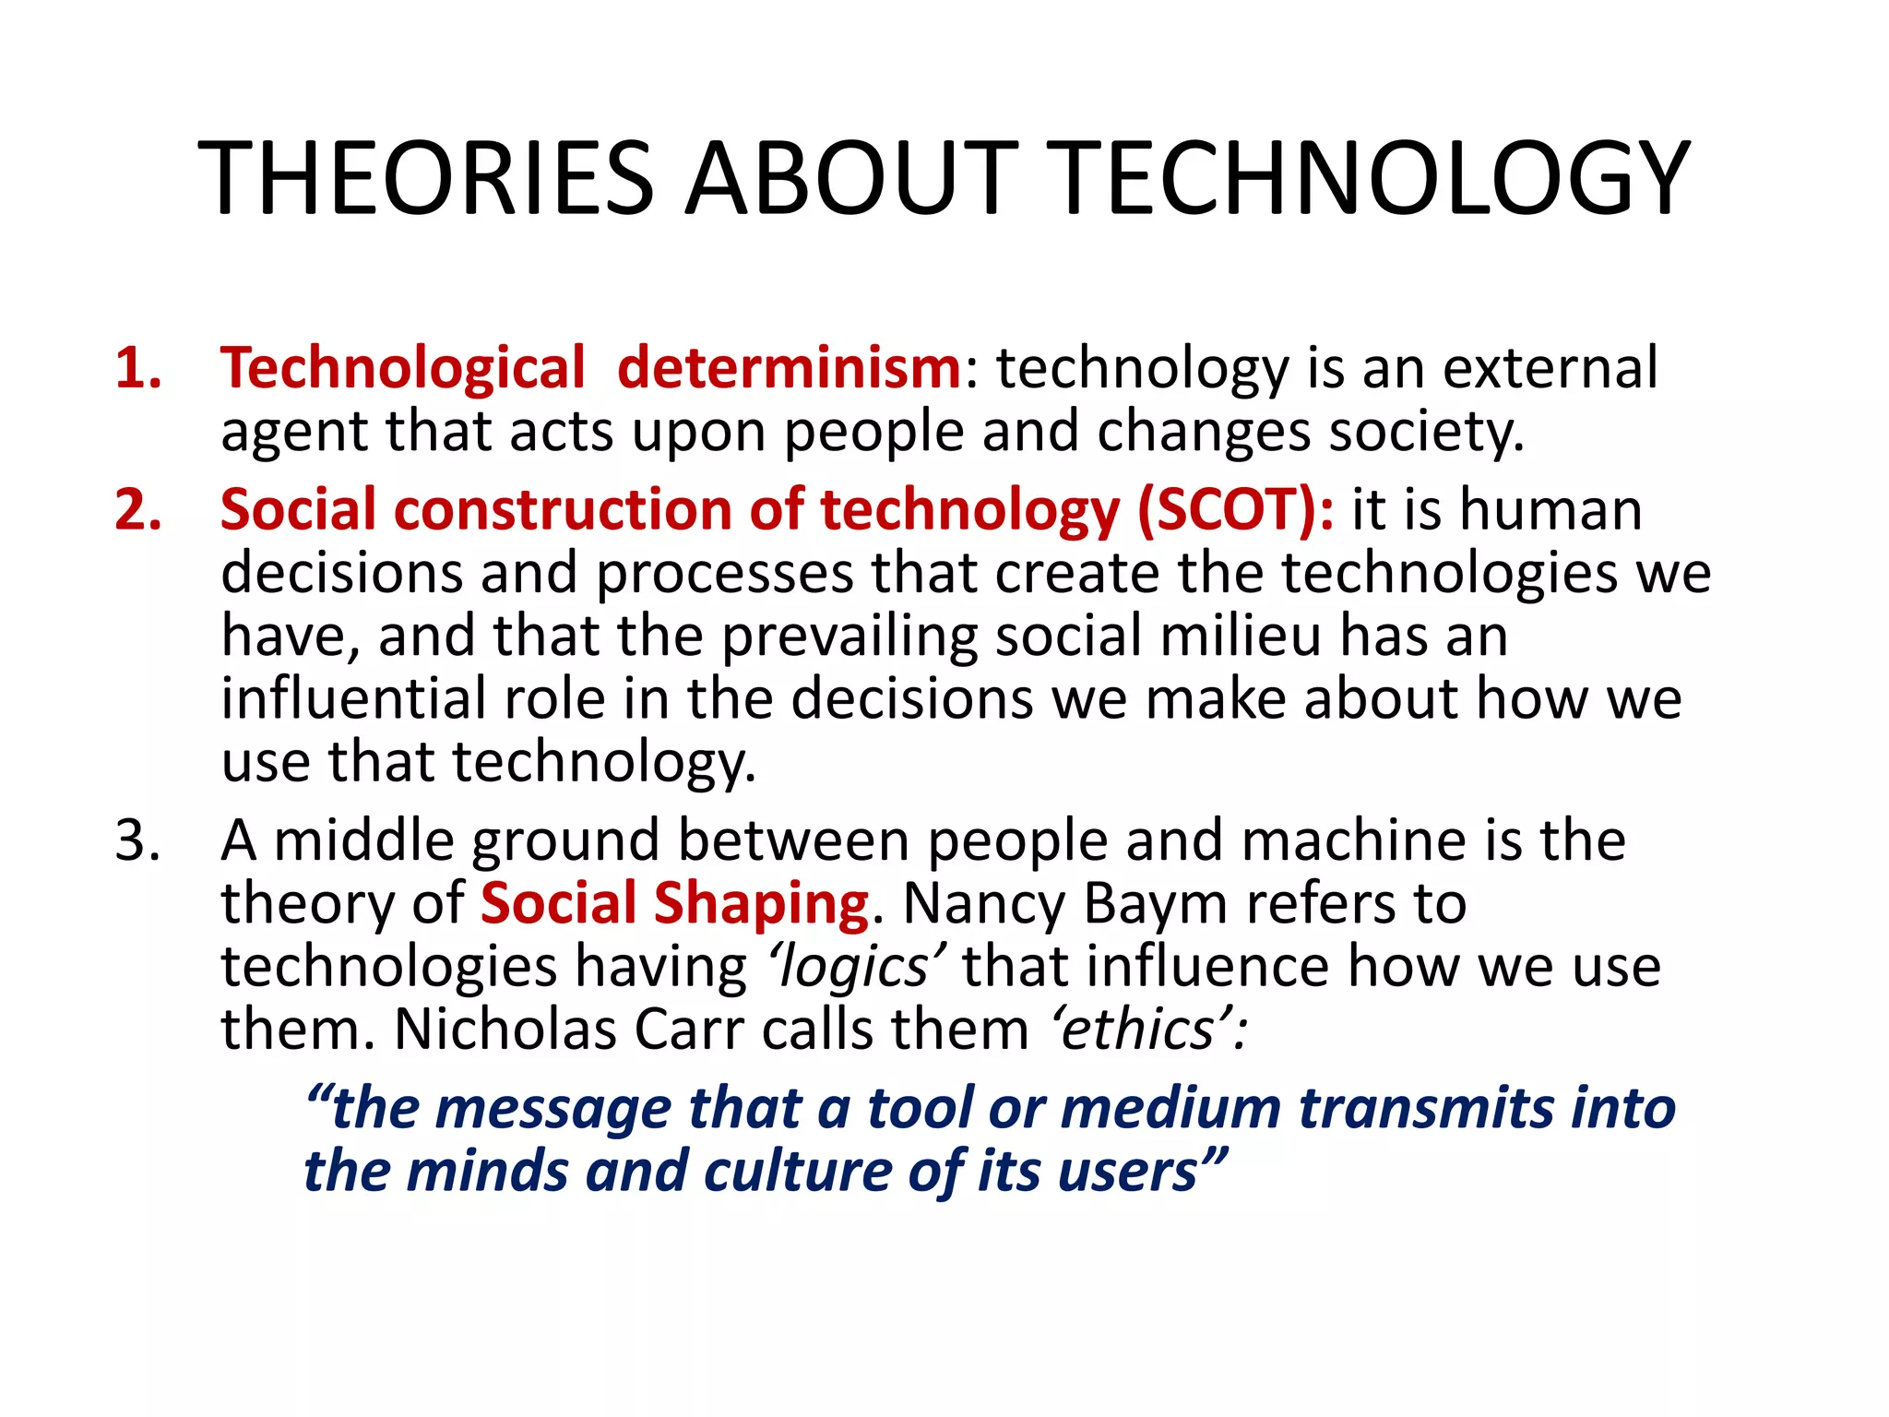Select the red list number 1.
point(138,368)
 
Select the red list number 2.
point(138,509)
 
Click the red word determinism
point(790,368)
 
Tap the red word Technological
point(403,368)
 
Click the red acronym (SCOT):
point(1236,509)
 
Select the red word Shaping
point(761,903)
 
